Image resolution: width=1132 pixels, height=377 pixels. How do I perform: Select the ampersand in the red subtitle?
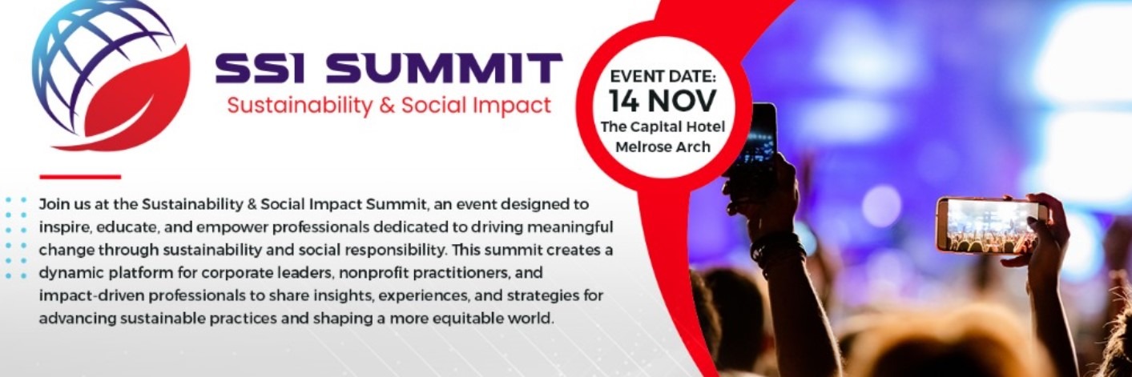click(388, 105)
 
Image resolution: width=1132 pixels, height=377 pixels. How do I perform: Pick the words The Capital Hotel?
click(662, 128)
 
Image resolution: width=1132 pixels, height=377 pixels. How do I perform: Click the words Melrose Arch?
click(662, 147)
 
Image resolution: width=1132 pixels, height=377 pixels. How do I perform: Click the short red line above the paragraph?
click(79, 176)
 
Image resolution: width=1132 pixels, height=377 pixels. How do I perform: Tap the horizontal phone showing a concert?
click(992, 224)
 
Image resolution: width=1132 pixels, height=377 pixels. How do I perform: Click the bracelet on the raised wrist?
click(775, 244)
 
